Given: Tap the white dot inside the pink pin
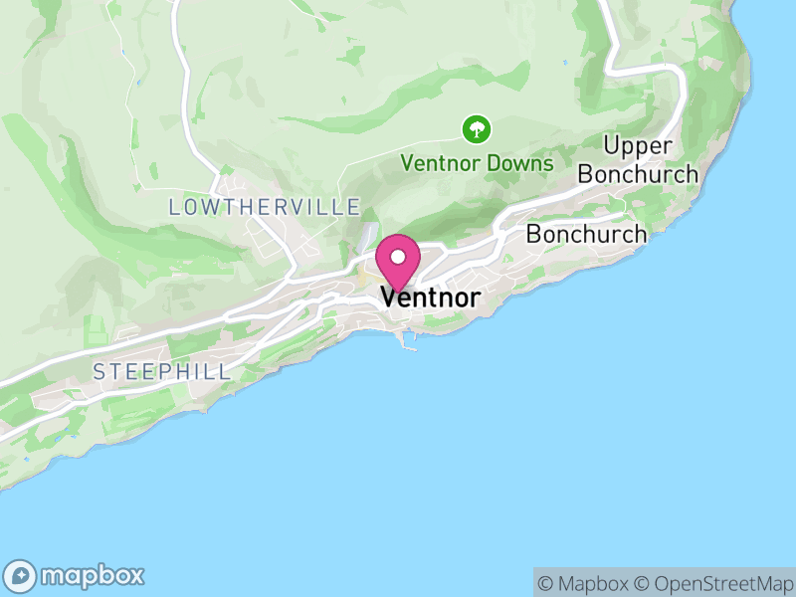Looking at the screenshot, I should tap(398, 257).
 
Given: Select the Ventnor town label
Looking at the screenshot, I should tap(430, 298).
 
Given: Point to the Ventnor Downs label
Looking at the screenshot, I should tap(477, 162).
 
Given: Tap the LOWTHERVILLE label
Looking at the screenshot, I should tap(265, 207).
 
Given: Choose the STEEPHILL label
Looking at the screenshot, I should tap(161, 372).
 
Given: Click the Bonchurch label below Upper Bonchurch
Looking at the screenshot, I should tap(586, 235).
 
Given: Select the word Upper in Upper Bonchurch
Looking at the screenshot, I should tap(638, 146).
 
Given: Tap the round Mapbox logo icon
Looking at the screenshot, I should tap(21, 575).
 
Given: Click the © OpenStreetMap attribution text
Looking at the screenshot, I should tap(714, 583).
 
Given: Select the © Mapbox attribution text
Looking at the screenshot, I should tap(584, 583).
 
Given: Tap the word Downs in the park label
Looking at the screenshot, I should tap(521, 162).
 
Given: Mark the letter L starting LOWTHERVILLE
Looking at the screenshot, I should tap(175, 207).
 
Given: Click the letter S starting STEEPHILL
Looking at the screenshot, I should tap(99, 372).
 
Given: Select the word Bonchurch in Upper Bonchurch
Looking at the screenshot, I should tap(638, 174).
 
